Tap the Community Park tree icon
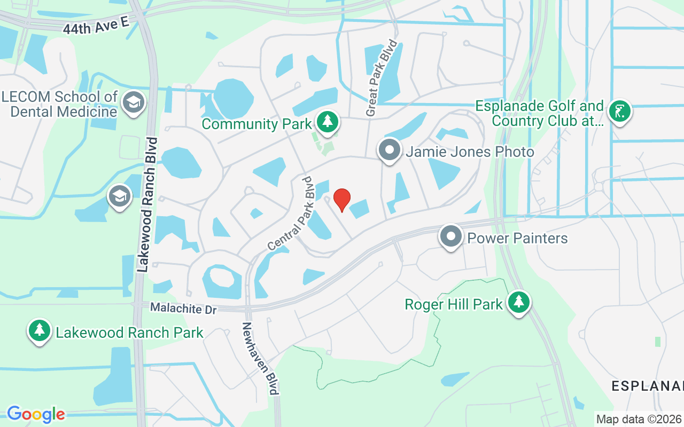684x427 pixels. click(327, 122)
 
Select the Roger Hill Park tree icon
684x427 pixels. click(518, 303)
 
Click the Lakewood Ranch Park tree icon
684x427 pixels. click(40, 331)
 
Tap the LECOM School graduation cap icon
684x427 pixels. click(133, 102)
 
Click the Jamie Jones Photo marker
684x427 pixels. click(390, 151)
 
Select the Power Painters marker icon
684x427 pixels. click(451, 236)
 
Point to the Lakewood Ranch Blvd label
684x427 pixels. click(147, 205)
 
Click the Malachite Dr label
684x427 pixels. click(183, 309)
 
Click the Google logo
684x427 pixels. click(36, 414)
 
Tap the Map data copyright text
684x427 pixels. click(639, 419)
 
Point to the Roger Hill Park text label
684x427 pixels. click(454, 304)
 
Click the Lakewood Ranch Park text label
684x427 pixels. click(129, 333)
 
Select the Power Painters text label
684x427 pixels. click(517, 238)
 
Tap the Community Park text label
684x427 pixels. click(256, 124)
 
